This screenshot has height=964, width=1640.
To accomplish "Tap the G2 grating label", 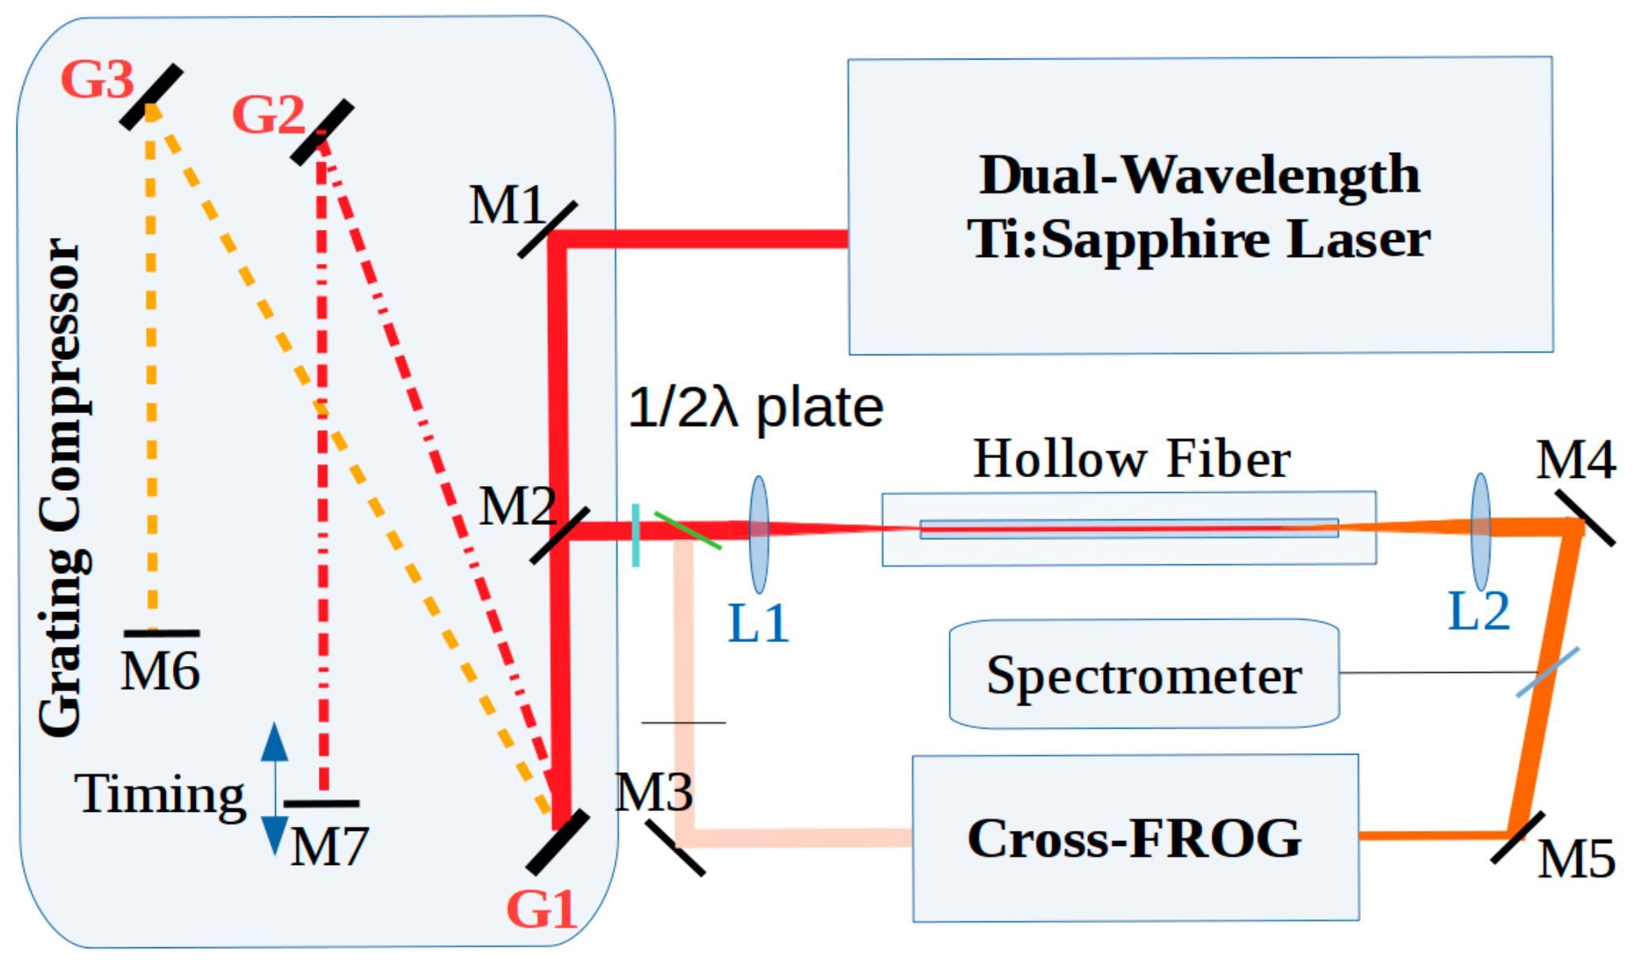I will (268, 115).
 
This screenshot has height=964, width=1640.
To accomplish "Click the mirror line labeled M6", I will (162, 633).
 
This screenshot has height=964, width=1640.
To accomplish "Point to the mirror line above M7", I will (321, 803).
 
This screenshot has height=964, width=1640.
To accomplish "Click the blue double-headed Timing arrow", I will (274, 788).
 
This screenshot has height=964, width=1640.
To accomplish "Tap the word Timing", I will (159, 794).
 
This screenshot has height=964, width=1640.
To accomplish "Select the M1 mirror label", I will (506, 205).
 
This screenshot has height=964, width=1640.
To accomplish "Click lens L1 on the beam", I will (759, 534).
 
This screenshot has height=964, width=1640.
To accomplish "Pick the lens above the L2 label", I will (1480, 531).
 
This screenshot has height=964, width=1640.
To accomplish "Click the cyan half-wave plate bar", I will (635, 535).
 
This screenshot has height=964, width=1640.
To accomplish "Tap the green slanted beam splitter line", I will (687, 530).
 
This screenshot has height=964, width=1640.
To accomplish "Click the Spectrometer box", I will (1144, 675).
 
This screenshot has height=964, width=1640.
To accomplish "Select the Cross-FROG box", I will (1135, 838).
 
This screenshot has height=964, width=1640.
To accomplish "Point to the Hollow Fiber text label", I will (1131, 459).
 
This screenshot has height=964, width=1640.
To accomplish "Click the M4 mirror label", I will (1575, 460).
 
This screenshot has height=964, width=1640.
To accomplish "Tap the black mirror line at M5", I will (1517, 837).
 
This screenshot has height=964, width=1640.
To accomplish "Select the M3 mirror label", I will (653, 791).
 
